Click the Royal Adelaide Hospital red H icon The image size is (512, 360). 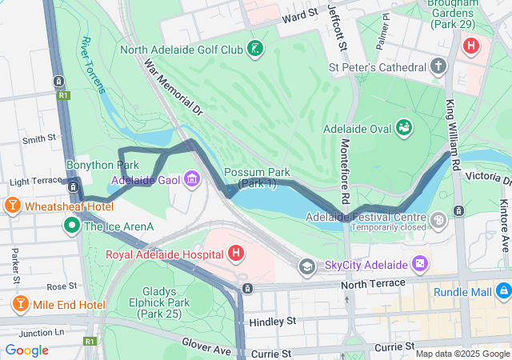(x=236, y=255)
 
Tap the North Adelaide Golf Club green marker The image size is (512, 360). (x=254, y=50)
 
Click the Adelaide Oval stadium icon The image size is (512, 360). (x=406, y=128)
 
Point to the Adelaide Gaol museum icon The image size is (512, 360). (x=191, y=178)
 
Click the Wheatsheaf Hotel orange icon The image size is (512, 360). (x=13, y=206)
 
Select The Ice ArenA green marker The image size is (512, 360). (x=71, y=226)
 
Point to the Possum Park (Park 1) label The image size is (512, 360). (x=250, y=178)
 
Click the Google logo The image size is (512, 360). (x=26, y=350)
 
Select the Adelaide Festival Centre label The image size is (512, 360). (x=366, y=217)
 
